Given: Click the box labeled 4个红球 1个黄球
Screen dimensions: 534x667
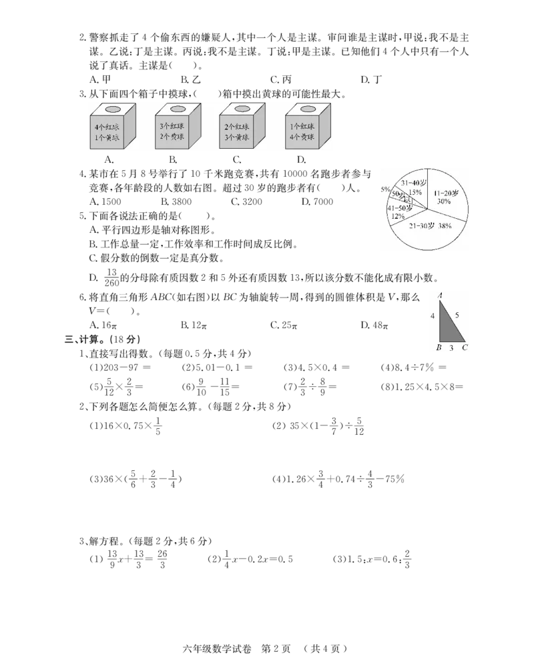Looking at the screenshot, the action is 112,126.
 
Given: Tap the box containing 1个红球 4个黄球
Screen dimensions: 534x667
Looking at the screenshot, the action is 308,126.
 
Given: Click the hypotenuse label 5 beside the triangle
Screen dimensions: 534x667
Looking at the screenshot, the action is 457,315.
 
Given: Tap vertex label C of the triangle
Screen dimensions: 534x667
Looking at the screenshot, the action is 465,347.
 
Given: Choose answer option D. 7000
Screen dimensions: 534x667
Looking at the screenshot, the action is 317,201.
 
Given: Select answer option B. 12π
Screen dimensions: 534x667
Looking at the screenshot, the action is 194,325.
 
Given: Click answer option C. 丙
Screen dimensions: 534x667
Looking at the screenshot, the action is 281,79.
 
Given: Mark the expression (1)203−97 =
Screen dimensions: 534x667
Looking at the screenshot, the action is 120,367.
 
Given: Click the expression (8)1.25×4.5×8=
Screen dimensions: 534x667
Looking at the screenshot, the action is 422,387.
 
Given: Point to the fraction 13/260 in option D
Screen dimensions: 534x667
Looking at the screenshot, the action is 111,277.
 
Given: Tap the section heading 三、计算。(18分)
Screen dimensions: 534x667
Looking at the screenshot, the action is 102,339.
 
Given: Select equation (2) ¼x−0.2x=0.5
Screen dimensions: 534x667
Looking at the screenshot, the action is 250,559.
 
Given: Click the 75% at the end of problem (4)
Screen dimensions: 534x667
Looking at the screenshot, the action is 394,479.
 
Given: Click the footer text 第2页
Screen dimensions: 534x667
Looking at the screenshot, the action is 276,649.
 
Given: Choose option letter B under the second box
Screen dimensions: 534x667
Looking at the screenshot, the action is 173,160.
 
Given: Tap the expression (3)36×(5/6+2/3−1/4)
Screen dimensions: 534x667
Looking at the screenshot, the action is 136,479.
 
